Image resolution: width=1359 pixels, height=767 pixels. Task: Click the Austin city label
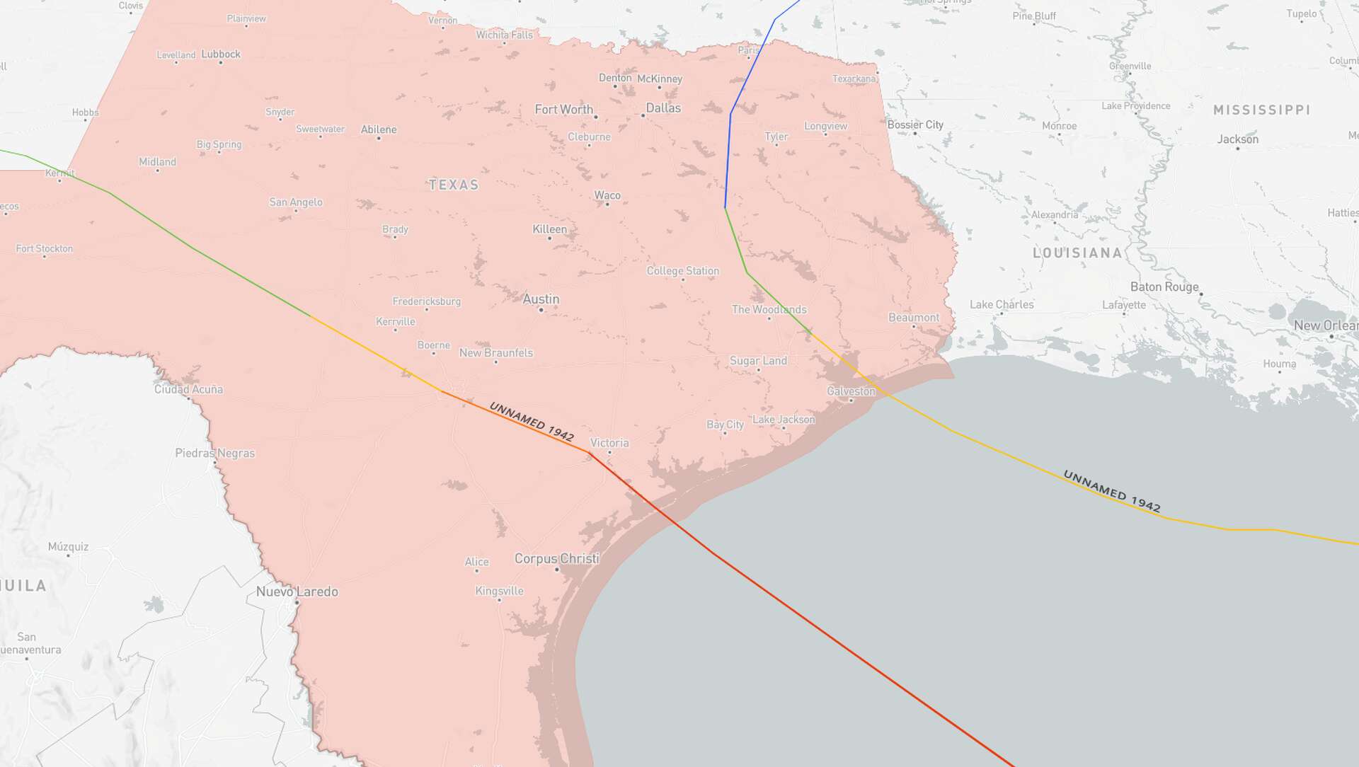tap(541, 299)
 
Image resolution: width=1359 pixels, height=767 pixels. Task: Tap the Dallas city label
tap(663, 108)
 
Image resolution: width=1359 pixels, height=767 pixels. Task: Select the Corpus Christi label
tap(556, 558)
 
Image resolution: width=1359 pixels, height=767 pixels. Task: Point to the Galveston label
tap(851, 391)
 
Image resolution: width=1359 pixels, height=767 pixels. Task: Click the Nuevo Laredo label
tap(297, 592)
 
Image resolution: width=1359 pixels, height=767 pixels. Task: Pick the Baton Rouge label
tap(1164, 287)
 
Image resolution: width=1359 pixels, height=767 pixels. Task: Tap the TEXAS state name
tap(454, 185)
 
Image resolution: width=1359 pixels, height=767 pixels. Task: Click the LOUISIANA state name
tap(1077, 253)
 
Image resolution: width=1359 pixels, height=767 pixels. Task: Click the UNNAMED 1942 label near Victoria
tap(531, 421)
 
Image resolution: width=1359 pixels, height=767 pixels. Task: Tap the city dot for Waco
tap(607, 204)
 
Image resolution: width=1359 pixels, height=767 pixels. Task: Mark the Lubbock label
tap(221, 54)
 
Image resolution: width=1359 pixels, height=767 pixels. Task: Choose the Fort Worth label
tap(563, 109)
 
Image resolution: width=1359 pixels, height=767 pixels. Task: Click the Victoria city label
tap(609, 443)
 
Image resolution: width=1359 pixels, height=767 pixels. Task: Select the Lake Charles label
tap(1002, 304)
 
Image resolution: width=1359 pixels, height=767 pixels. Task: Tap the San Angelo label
tap(295, 202)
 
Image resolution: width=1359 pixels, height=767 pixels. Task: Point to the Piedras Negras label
tap(214, 453)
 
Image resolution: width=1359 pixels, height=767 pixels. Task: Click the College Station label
tap(682, 271)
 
